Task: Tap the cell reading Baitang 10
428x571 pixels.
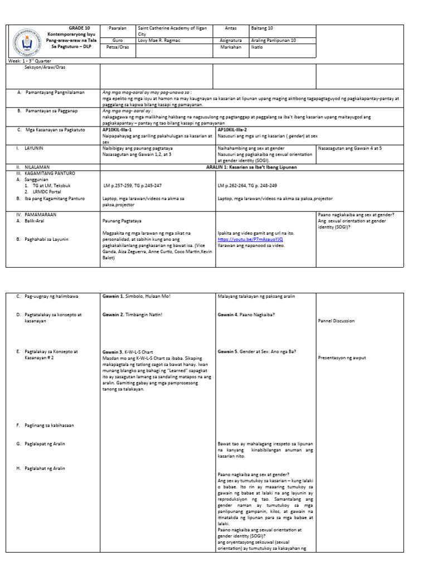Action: point(262,28)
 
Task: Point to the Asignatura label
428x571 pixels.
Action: point(231,41)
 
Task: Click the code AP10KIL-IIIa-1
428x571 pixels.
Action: point(120,129)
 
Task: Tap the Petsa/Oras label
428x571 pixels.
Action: point(116,47)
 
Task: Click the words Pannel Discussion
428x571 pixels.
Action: point(337,321)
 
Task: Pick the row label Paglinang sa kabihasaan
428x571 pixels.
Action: point(49,425)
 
